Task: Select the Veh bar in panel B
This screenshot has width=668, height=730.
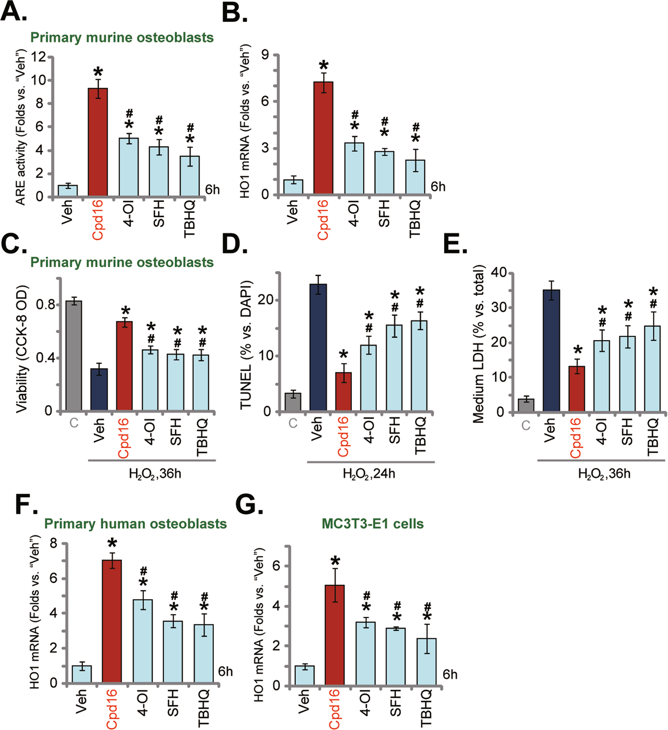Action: [293, 187]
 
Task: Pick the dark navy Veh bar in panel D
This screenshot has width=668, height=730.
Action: [318, 347]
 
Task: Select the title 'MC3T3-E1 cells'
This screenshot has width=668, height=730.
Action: [373, 524]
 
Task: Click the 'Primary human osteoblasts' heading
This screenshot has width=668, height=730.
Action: [135, 524]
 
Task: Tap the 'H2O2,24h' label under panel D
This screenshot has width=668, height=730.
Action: [369, 474]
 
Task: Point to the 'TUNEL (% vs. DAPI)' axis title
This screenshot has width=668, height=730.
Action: [247, 345]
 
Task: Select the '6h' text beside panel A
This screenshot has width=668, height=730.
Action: [212, 190]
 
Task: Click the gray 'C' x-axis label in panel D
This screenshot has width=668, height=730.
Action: [293, 424]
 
